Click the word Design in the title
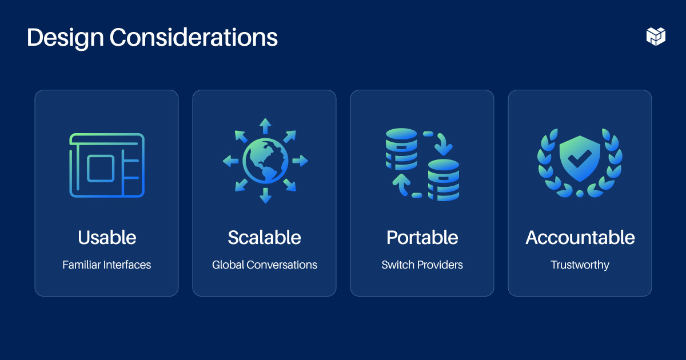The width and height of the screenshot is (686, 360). [x=65, y=38]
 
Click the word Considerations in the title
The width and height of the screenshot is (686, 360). [x=193, y=38]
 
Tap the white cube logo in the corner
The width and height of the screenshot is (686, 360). [x=656, y=36]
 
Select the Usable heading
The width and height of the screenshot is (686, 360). [x=107, y=238]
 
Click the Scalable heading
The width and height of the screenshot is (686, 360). [x=264, y=238]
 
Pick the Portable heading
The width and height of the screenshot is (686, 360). [x=422, y=238]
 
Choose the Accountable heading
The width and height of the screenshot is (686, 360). [x=580, y=238]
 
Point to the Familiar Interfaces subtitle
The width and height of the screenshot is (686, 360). [x=107, y=265]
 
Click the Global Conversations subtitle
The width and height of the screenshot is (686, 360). [x=264, y=265]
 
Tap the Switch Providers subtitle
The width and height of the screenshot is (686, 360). [x=422, y=265]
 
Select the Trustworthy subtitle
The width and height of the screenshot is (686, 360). [x=580, y=265]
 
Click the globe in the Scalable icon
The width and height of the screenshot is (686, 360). [x=265, y=161]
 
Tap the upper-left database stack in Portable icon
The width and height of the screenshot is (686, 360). [x=401, y=147]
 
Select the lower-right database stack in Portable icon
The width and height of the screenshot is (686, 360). [x=444, y=180]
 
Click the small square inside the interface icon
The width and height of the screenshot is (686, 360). [x=101, y=168]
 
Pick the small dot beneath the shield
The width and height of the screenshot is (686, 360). [x=580, y=194]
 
